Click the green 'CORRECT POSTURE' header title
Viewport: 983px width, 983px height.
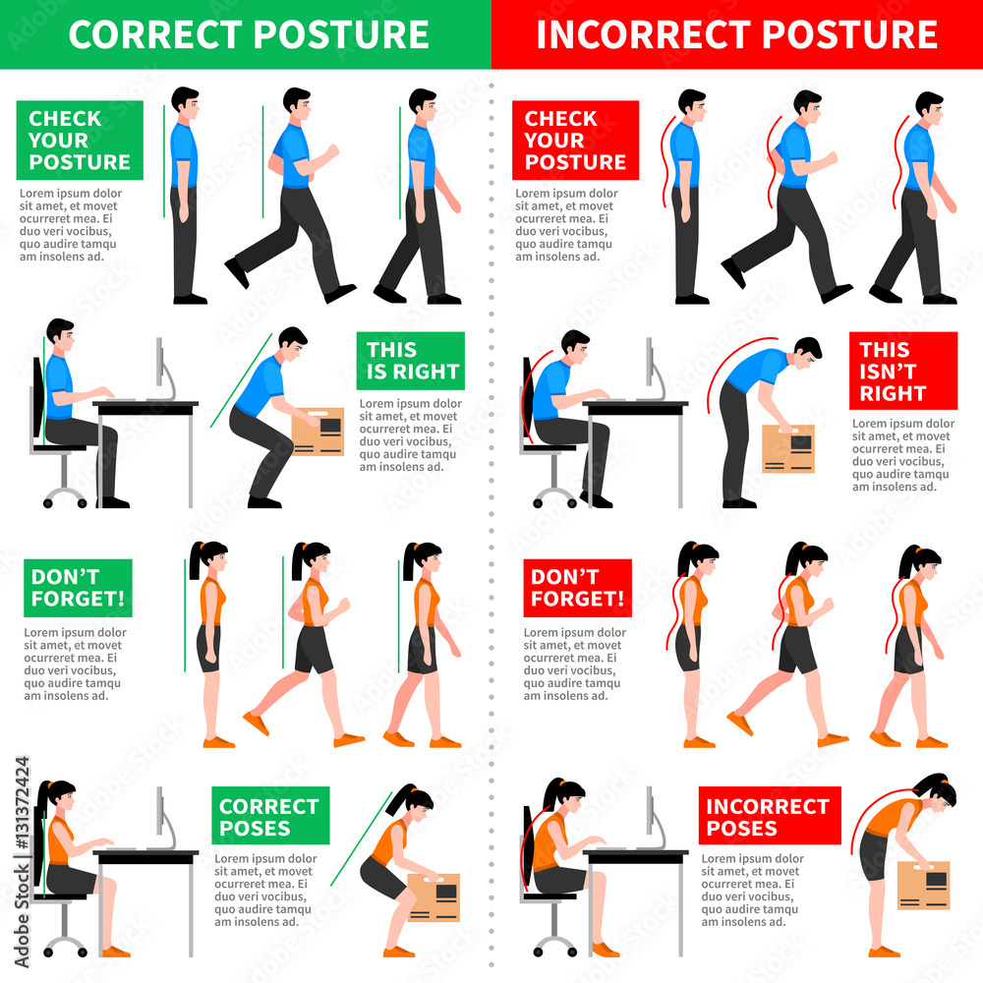click(x=248, y=34)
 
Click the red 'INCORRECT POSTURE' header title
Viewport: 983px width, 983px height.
click(x=736, y=34)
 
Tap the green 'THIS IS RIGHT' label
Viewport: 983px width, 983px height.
click(x=410, y=361)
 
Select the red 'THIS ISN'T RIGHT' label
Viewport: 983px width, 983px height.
click(x=902, y=371)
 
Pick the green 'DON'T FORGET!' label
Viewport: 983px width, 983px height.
click(x=78, y=588)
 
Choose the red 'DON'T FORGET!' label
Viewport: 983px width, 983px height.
click(x=576, y=588)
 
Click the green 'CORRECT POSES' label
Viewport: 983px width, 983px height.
click(x=269, y=816)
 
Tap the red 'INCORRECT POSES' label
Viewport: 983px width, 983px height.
click(x=769, y=816)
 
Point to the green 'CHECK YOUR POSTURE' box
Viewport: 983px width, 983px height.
click(x=80, y=140)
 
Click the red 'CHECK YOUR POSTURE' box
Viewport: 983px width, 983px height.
click(x=575, y=140)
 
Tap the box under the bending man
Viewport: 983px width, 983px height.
click(x=788, y=448)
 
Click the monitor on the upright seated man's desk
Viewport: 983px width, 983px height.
click(x=160, y=369)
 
